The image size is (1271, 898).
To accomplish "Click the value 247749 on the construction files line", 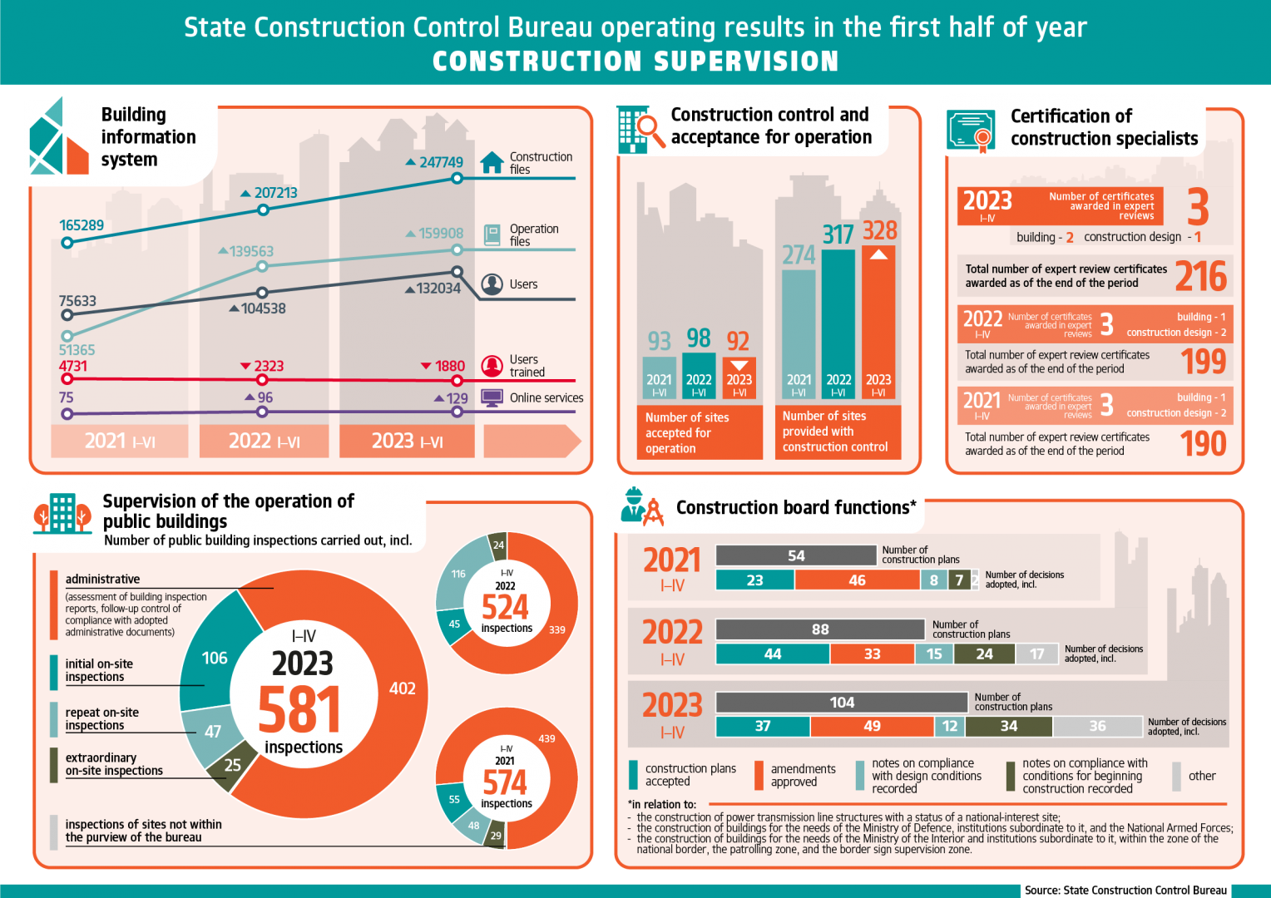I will click(x=440, y=162).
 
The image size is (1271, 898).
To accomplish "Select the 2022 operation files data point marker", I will click(x=262, y=266).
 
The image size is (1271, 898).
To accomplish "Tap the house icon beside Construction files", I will click(x=492, y=162).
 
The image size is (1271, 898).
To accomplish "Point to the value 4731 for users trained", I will click(x=72, y=366).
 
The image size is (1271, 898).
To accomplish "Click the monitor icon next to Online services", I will click(x=492, y=397).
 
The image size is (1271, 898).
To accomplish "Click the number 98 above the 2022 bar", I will click(x=699, y=338).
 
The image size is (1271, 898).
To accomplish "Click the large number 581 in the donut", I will click(x=299, y=709).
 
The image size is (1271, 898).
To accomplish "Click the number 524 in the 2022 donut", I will click(x=505, y=607).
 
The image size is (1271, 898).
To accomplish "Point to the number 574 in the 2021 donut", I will click(x=505, y=782).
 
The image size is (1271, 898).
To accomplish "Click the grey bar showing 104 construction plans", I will click(x=842, y=703).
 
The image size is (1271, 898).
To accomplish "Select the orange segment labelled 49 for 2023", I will click(x=872, y=726).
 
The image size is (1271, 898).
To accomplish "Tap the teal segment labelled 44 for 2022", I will click(x=772, y=654).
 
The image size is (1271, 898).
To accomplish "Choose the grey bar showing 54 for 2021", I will click(x=796, y=555).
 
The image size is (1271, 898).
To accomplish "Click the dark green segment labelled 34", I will click(x=1008, y=726).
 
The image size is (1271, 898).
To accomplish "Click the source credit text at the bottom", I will click(x=1125, y=890).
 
